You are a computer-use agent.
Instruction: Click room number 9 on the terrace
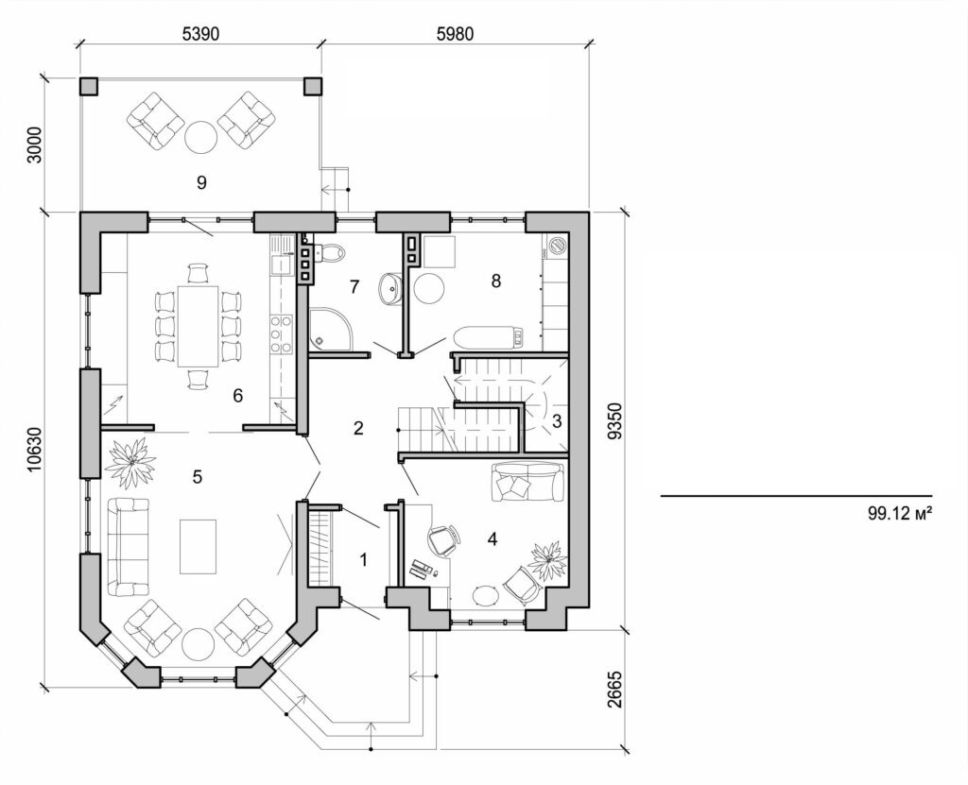pos(201,182)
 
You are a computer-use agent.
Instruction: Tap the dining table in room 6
pos(197,326)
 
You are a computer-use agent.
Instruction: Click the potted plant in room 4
pos(547,561)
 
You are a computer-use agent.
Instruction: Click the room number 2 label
pos(358,428)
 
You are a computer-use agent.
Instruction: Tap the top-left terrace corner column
pos(88,86)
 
